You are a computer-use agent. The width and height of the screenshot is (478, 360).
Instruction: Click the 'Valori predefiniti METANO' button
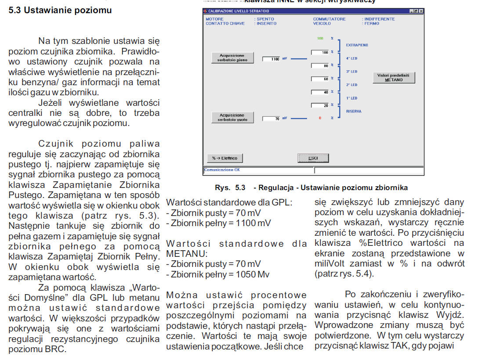click(393, 78)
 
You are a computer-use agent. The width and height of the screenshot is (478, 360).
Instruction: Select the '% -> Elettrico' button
click(225, 158)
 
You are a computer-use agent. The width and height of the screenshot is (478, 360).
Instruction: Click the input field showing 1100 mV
click(271, 59)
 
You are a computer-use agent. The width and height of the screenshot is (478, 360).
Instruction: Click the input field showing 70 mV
click(271, 119)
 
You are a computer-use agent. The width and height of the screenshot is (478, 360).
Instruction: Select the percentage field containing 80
click(320, 66)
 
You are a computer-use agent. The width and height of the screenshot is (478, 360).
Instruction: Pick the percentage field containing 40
click(320, 92)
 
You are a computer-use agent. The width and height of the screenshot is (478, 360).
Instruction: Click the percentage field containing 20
click(320, 105)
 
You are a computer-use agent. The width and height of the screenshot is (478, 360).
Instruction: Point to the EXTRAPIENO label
click(357, 45)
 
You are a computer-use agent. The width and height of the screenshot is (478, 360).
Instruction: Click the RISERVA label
click(354, 112)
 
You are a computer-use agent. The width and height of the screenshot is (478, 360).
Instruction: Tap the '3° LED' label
click(351, 72)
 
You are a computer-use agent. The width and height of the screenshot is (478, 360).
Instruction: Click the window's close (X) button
click(421, 11)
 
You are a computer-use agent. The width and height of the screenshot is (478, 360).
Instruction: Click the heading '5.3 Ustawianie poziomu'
click(60, 10)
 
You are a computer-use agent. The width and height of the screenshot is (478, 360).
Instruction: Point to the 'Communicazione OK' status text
click(222, 169)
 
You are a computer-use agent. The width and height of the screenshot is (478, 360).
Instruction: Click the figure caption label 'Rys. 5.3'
click(230, 187)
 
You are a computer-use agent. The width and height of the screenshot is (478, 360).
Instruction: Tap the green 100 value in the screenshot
click(320, 39)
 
